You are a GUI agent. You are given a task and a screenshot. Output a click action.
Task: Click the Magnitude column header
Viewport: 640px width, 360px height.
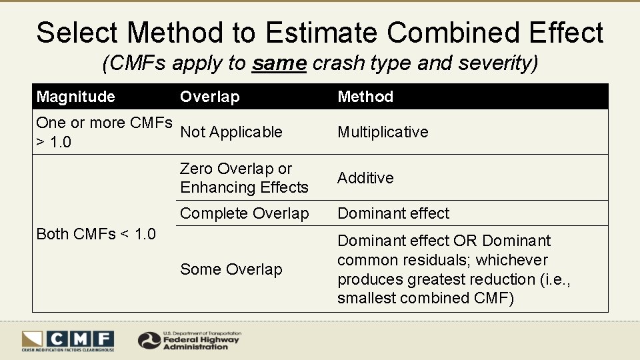75,97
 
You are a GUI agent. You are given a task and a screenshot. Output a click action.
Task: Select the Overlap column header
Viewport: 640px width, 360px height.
209,97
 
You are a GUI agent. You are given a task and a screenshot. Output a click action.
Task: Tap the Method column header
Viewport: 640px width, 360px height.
365,97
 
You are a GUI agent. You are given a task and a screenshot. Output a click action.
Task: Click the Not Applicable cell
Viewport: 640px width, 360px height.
231,132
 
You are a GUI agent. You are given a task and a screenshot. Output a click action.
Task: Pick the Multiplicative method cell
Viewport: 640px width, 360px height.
383,132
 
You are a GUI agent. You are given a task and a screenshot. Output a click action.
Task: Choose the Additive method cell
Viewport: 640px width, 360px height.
365,178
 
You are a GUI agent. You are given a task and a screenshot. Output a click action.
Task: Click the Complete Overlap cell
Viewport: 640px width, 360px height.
245,213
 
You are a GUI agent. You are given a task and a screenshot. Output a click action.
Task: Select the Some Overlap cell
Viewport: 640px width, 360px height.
231,269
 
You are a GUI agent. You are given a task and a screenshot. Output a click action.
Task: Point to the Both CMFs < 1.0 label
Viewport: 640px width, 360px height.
96,234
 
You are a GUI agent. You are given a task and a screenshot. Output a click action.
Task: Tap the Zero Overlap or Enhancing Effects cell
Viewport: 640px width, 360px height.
244,178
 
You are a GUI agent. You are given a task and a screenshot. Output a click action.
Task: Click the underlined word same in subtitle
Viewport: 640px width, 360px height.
279,64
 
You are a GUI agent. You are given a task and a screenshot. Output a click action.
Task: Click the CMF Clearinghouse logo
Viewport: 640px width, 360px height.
67,341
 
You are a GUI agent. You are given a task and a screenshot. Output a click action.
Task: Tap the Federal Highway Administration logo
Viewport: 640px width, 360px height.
190,341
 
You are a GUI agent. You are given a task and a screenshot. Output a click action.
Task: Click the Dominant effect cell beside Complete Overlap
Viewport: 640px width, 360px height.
393,213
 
